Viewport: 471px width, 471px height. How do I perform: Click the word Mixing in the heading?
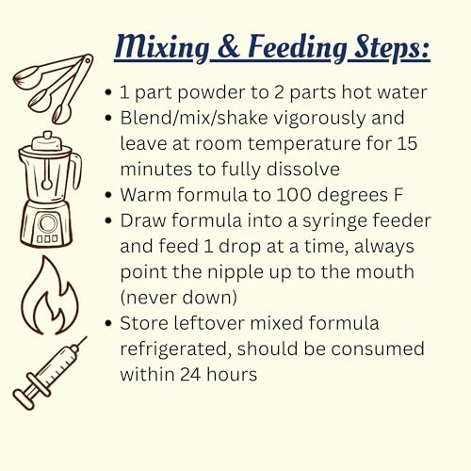(x=162, y=48)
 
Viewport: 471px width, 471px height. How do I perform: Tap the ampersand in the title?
(x=228, y=46)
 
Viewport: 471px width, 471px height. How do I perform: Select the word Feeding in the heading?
(x=298, y=48)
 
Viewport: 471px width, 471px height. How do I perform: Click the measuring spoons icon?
(x=53, y=89)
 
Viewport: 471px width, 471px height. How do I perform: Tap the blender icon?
(x=50, y=188)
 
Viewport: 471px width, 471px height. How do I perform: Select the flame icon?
(x=50, y=295)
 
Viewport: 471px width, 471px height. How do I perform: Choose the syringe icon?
(x=50, y=373)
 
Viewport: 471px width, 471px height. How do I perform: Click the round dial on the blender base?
(x=48, y=223)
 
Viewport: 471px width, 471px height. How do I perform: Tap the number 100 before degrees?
(x=294, y=195)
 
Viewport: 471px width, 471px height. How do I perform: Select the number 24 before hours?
(x=190, y=374)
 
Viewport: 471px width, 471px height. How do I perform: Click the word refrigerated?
(x=176, y=349)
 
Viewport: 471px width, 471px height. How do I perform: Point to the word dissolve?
(x=303, y=169)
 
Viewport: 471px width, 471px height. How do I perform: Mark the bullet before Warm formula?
(x=108, y=195)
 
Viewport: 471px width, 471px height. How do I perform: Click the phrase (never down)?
(x=179, y=298)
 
